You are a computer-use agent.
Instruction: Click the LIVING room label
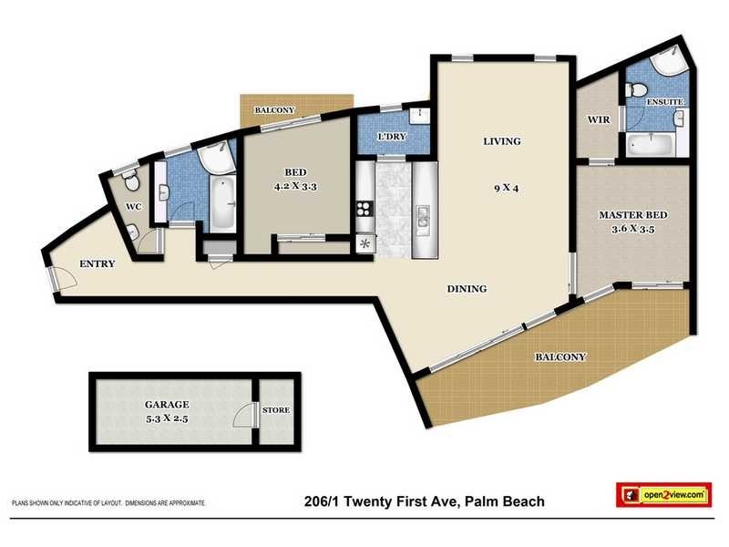501,141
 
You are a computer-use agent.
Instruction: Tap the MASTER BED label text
631,215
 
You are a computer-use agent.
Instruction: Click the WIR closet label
597,119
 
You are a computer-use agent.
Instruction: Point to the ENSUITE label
664,102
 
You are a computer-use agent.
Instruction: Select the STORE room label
276,410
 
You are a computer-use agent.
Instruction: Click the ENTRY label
97,264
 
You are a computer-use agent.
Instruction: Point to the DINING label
467,289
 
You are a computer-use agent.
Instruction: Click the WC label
133,207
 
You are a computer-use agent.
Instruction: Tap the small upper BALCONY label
274,110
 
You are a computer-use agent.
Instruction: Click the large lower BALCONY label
560,356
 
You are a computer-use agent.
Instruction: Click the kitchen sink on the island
424,217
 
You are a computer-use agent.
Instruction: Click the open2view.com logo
662,494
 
